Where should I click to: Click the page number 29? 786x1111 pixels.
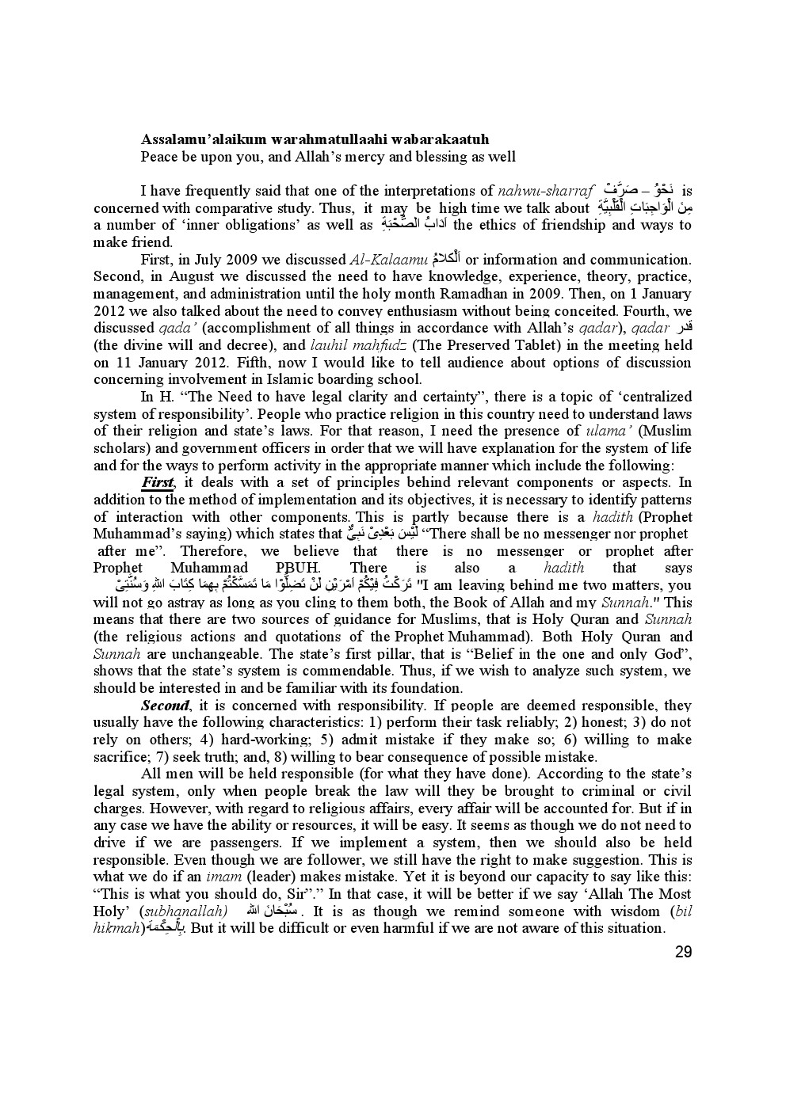683,951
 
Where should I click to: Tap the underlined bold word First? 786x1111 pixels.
157,482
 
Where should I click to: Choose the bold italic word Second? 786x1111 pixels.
165,706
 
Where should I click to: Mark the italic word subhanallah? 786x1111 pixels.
190,911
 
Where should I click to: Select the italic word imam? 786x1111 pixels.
223,877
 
